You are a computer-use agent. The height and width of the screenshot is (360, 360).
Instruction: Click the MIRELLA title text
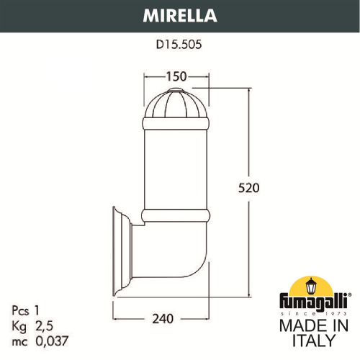pyautogui.click(x=179, y=15)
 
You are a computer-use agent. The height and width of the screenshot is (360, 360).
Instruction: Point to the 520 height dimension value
pyautogui.click(x=248, y=188)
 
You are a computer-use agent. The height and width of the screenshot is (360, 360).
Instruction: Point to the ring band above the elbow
pyautogui.click(x=176, y=215)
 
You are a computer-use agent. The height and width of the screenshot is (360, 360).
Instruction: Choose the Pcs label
pyautogui.click(x=20, y=310)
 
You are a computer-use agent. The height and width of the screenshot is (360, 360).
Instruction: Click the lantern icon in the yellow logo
pyautogui.click(x=312, y=287)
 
